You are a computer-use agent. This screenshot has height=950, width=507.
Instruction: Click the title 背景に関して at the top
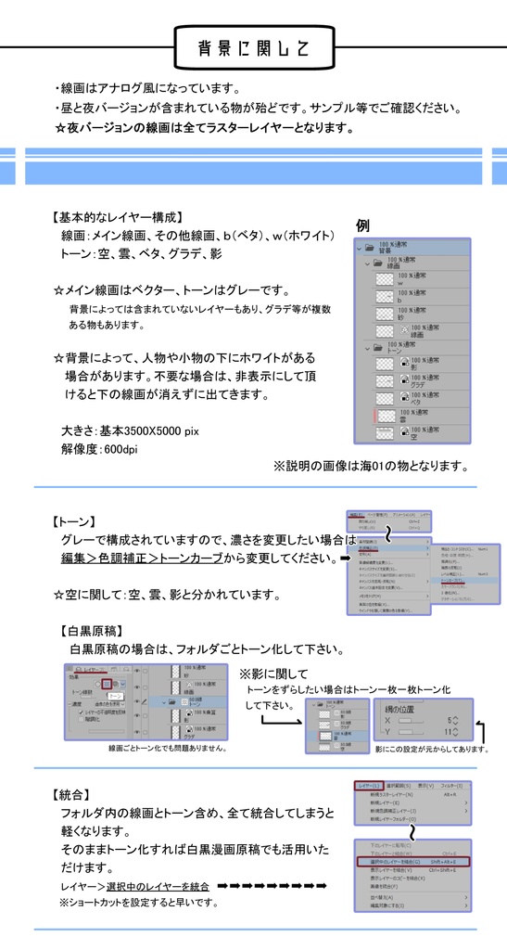253,47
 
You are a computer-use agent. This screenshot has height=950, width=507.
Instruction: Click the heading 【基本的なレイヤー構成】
119,217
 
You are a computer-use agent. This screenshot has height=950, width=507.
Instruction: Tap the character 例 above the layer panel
363,225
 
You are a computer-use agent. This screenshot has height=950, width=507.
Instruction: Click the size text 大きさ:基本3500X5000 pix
130,431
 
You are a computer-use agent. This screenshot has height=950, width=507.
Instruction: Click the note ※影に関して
273,674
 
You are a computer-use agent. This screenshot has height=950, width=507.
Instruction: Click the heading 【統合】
71,794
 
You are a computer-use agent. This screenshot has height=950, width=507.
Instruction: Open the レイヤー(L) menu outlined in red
369,786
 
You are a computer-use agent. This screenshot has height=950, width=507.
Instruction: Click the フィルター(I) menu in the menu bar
455,786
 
